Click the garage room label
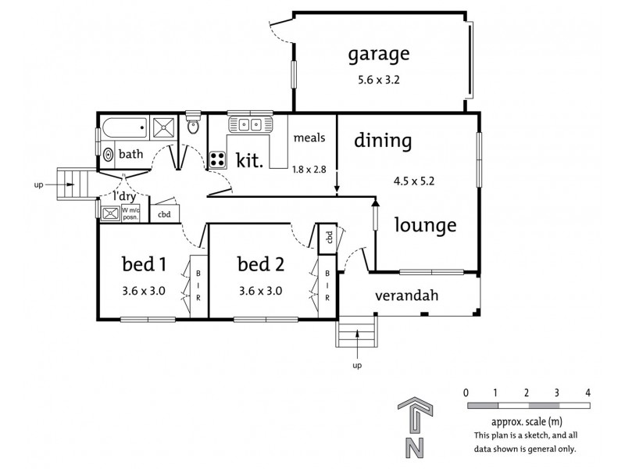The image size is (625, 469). coord(378,55)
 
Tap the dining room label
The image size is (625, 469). coord(383,141)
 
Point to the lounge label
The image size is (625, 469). coord(424,226)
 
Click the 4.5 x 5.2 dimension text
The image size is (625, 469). coord(414,181)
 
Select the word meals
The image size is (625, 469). coord(309,138)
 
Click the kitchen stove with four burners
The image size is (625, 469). coord(217,159)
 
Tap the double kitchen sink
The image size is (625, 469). coord(248,124)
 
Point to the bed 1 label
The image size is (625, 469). coord(144,262)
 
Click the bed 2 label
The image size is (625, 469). coord(259,262)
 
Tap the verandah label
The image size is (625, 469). coord(405,296)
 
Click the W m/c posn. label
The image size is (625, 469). coord(130,212)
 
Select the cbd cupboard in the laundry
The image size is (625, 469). coord(164,213)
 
